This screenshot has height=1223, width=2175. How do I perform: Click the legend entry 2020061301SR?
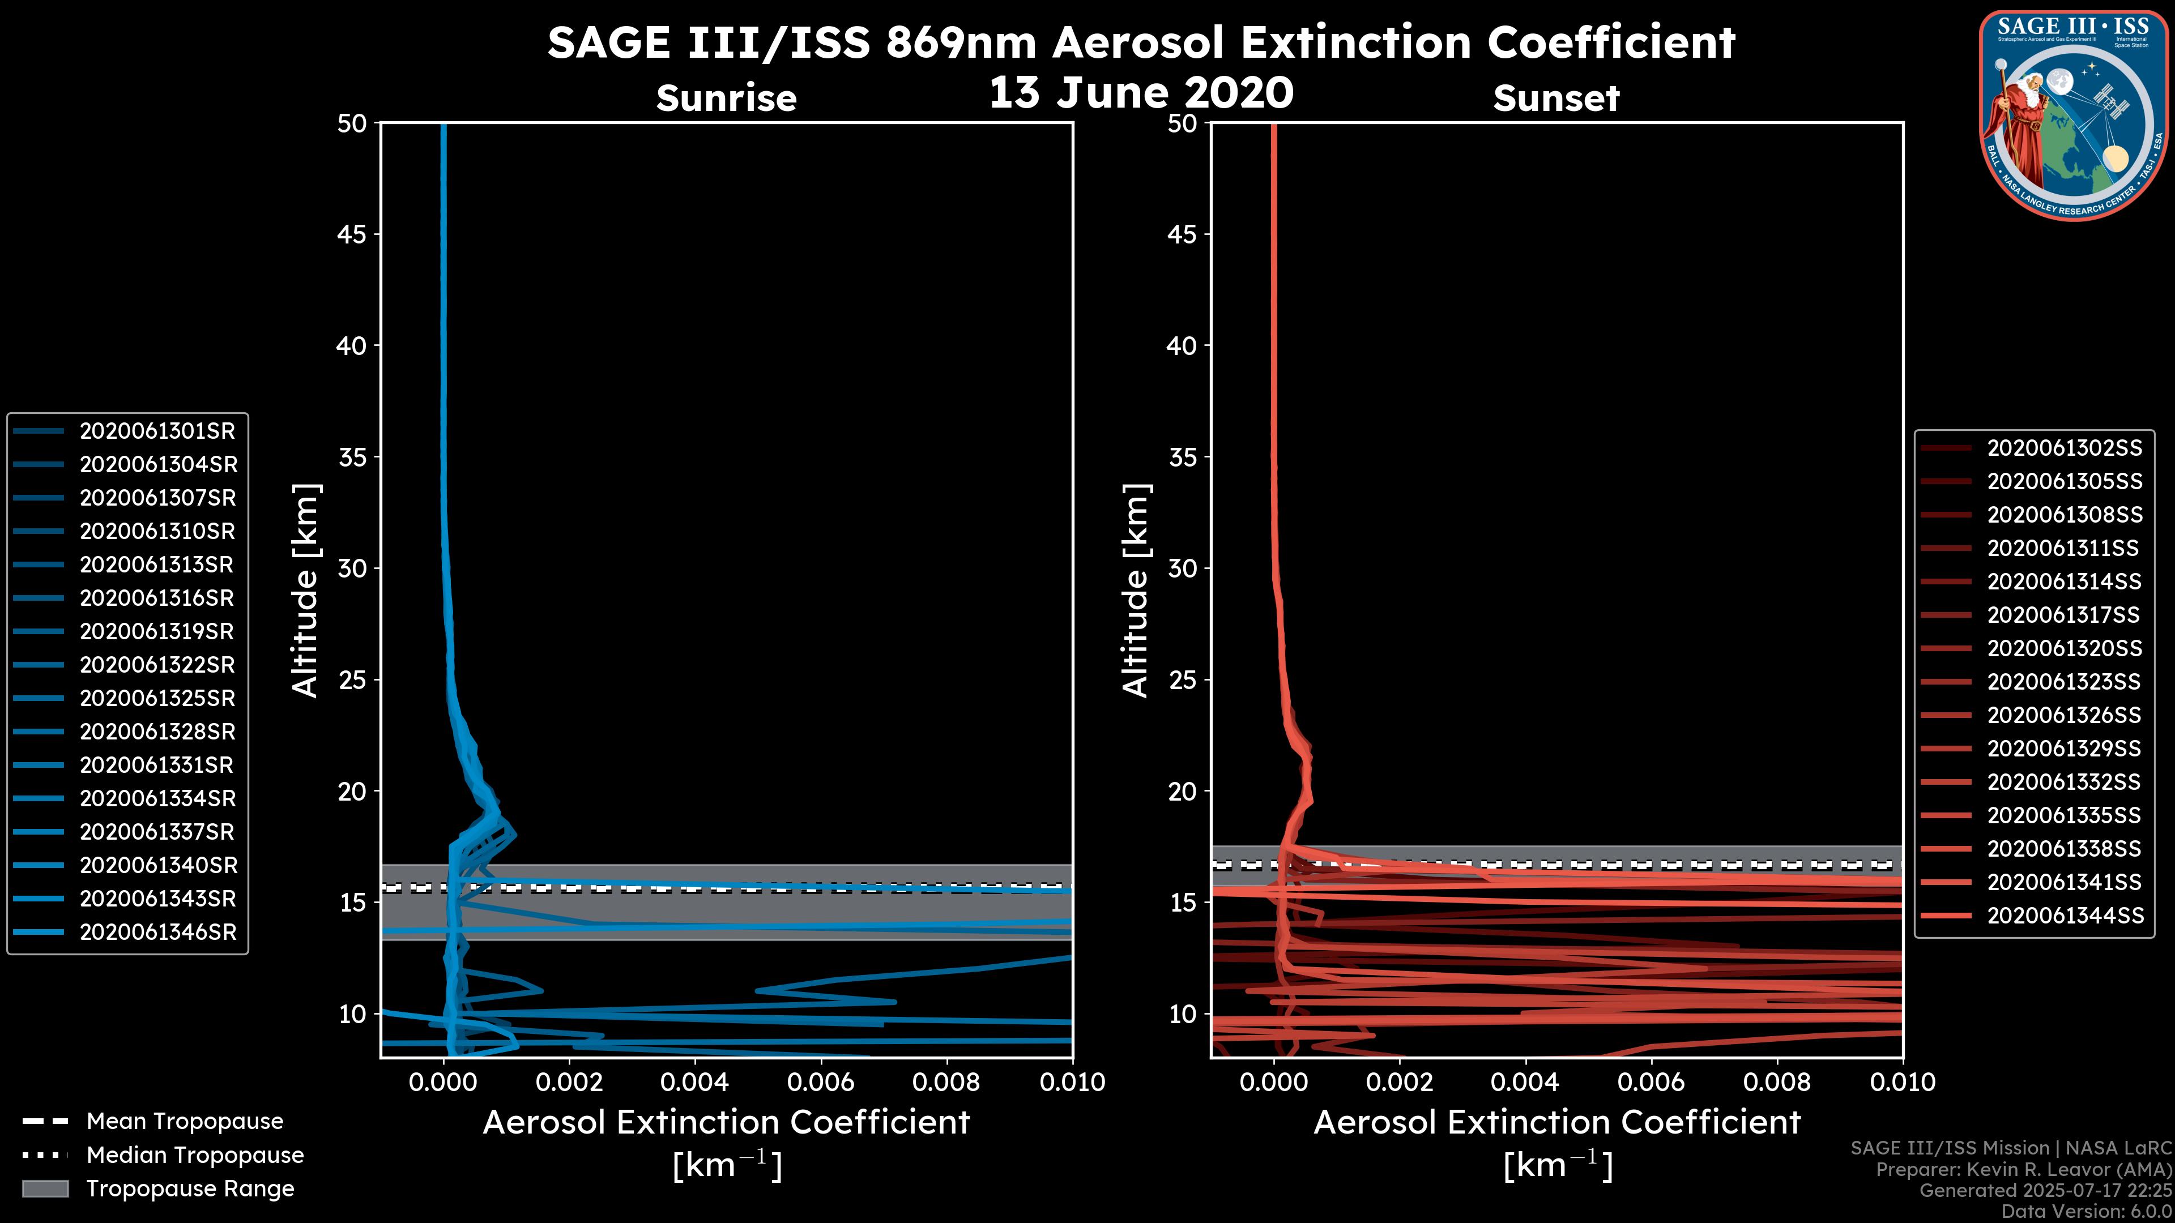click(157, 431)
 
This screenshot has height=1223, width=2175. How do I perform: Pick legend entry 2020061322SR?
click(157, 665)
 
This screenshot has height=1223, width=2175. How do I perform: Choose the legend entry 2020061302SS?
click(2065, 448)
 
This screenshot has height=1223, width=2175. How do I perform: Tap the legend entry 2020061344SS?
click(2065, 916)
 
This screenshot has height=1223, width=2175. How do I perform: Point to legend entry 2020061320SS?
click(2065, 648)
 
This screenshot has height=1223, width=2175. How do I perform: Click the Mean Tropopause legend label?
click(185, 1122)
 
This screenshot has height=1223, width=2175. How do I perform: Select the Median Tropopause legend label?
click(195, 1156)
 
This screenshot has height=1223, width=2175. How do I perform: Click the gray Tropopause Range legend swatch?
click(45, 1188)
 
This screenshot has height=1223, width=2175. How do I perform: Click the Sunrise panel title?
click(726, 99)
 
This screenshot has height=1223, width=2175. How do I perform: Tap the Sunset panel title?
click(1556, 99)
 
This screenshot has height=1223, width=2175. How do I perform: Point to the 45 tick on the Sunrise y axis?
click(352, 234)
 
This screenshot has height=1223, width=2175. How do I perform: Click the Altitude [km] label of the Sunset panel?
click(1136, 591)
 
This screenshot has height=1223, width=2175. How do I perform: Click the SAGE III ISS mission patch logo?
click(2074, 115)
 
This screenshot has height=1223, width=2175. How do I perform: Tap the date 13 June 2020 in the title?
click(1141, 93)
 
